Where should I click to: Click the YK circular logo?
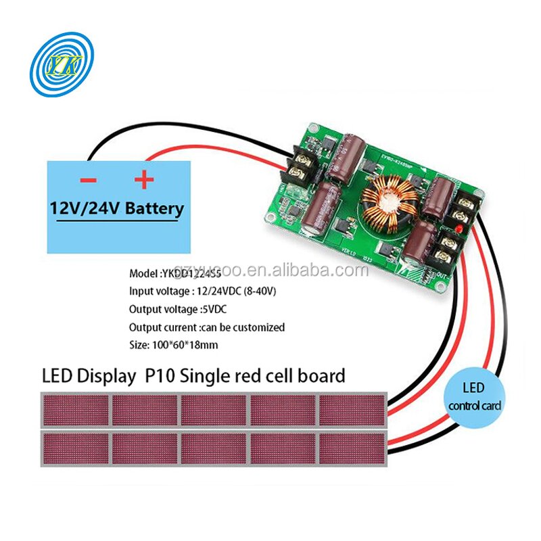click(x=64, y=66)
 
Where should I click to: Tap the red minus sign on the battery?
click(x=89, y=180)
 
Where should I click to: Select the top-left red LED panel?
click(x=75, y=410)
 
